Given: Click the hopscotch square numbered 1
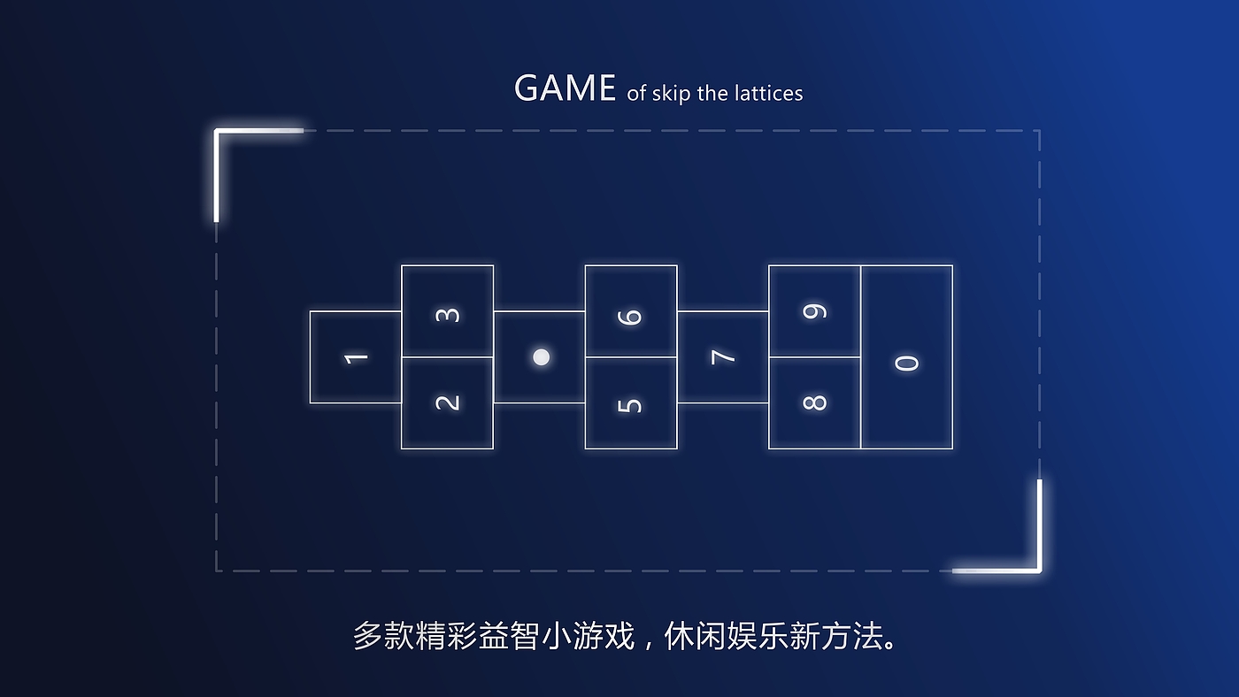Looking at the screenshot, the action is (x=356, y=357).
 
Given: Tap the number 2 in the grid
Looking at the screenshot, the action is (x=448, y=402).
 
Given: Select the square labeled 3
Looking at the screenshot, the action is (x=448, y=312).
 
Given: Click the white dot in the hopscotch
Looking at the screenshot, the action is (x=541, y=356).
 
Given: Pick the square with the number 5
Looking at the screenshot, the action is (x=631, y=404).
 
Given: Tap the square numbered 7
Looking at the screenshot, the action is (x=723, y=357).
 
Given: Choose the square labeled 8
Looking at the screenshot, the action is (x=814, y=402).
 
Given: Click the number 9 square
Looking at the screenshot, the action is (x=814, y=311).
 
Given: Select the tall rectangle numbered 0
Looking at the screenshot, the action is (x=907, y=357).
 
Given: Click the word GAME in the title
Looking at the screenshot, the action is (x=565, y=88).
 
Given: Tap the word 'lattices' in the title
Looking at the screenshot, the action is (x=767, y=93).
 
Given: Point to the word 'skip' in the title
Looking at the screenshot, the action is (x=671, y=94).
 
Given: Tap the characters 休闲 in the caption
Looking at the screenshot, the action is (x=696, y=636).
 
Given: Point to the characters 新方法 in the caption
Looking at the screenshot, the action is (x=835, y=636).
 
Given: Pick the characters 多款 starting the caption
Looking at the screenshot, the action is (x=384, y=636).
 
